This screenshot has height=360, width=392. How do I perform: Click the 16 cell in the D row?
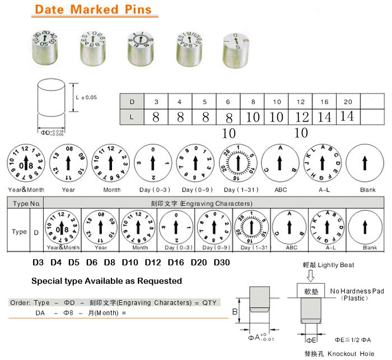pyautogui.click(x=324, y=102)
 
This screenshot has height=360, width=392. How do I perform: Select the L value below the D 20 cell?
pyautogui.click(x=347, y=116)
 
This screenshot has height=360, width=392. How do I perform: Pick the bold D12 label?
pyautogui.click(x=155, y=262)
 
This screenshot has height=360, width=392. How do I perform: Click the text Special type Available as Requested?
pyautogui.click(x=106, y=280)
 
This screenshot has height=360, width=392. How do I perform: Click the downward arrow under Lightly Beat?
pyautogui.click(x=311, y=275)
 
